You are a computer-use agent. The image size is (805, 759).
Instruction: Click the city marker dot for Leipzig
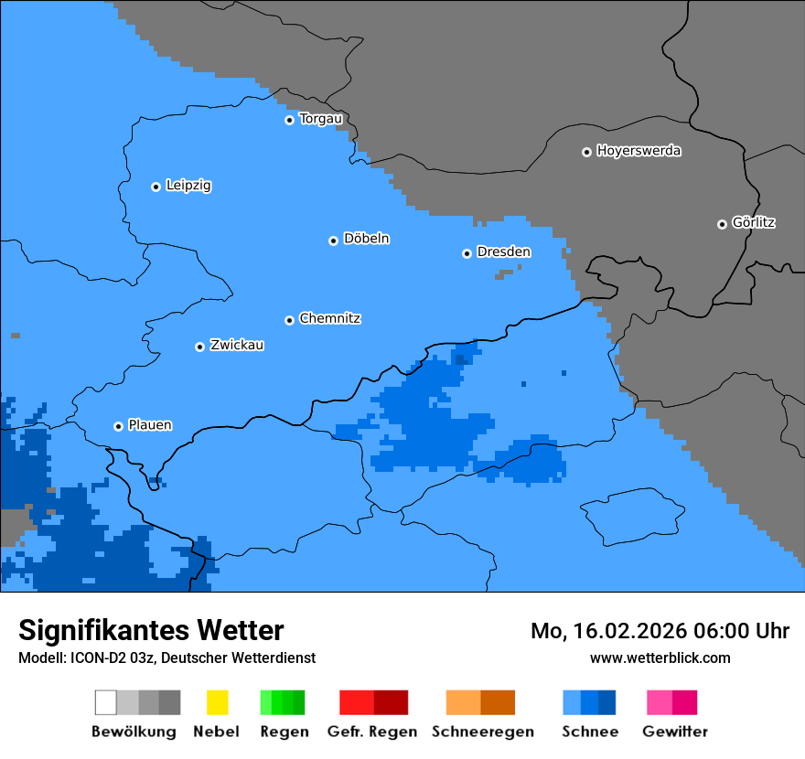156,187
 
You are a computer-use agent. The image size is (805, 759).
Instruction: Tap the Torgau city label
320,119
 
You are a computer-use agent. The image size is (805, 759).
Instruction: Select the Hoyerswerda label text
639,151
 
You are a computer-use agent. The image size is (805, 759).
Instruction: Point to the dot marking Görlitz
722,224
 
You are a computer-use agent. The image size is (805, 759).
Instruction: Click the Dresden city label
503,251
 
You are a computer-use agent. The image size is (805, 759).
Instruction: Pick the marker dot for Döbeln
333,241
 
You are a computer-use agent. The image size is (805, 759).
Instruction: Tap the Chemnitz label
329,318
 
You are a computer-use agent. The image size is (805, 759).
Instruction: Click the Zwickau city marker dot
199,347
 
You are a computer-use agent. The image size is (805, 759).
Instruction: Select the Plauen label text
149,425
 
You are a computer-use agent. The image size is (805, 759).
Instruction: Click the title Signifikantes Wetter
151,630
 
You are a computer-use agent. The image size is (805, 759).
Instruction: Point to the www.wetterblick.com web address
660,657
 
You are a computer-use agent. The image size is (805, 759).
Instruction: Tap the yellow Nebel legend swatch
217,702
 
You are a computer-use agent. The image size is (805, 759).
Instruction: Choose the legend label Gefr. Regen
372,732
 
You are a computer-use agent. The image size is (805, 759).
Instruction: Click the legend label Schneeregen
482,732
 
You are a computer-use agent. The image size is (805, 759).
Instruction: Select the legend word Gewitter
674,732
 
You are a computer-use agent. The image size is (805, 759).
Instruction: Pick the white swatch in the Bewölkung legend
106,702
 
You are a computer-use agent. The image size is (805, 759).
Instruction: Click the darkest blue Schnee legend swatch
606,702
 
